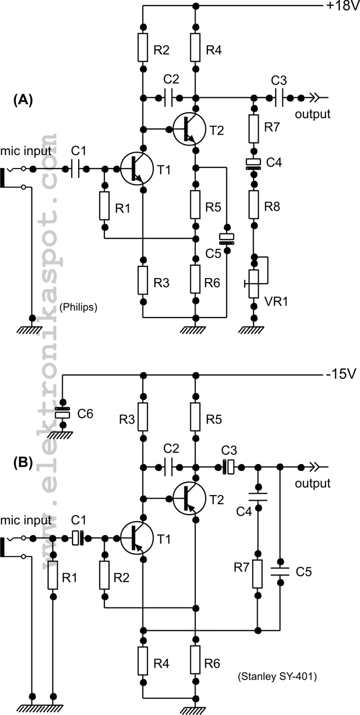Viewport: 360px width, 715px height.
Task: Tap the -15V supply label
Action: point(341,374)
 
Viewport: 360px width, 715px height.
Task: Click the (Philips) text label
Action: point(79,307)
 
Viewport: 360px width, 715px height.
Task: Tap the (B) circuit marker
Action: point(23,463)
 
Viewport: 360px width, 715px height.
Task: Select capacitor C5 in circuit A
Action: point(226,237)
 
